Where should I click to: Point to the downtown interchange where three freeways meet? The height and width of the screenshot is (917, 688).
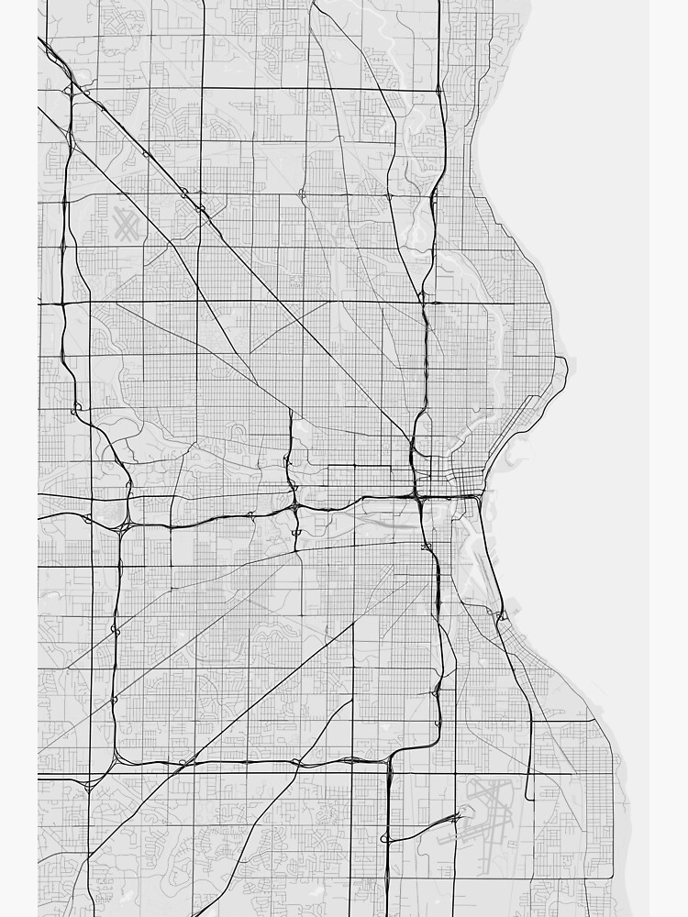coord(419,497)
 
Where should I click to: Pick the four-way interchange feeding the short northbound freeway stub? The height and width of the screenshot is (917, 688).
coord(294,505)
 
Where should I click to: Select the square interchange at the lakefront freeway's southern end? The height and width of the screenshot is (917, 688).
coord(501,615)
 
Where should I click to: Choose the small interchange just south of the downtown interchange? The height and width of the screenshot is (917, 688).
coord(427,547)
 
